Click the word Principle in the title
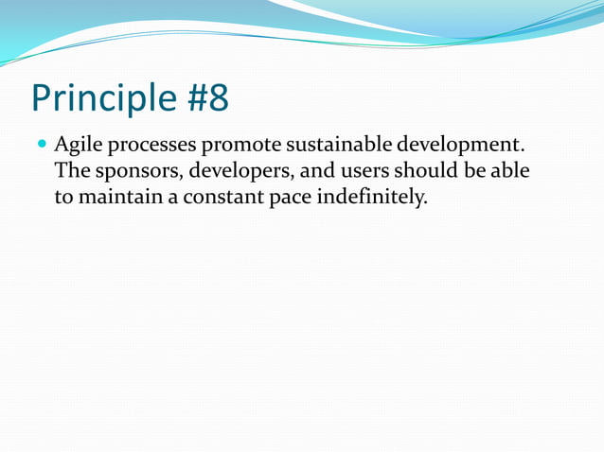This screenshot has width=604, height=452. [x=99, y=98]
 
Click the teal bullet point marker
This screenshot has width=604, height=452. [x=40, y=147]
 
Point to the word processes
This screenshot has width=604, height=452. [x=150, y=148]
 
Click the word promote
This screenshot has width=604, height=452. [x=240, y=148]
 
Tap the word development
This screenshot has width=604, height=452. [x=461, y=148]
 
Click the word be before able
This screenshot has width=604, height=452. [x=475, y=172]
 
